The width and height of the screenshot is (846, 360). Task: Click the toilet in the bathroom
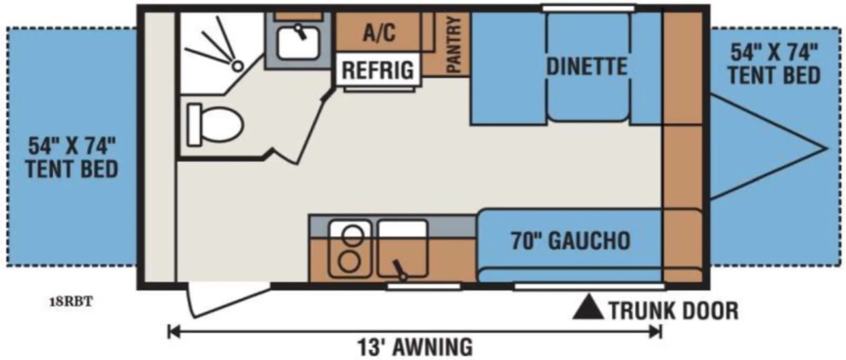click(215, 124)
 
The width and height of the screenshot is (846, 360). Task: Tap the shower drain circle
click(237, 66)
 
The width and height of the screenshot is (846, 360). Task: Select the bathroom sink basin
click(298, 43)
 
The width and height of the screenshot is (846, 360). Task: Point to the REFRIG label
click(378, 70)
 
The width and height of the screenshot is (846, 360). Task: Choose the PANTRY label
click(453, 44)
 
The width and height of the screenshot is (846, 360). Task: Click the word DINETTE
click(586, 67)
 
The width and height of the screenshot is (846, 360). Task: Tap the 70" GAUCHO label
click(571, 240)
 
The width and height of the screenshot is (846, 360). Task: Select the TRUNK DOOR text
click(674, 311)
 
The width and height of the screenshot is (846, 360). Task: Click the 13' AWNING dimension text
click(415, 347)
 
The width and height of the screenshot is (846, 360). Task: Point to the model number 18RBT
click(71, 302)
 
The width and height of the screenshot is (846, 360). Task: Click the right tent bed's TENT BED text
click(774, 76)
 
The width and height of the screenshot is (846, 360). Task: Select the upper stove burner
click(352, 235)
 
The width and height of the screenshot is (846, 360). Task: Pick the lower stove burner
click(350, 262)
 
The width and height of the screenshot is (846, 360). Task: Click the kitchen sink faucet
click(399, 270)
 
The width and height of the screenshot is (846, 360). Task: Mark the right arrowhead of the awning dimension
click(656, 332)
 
